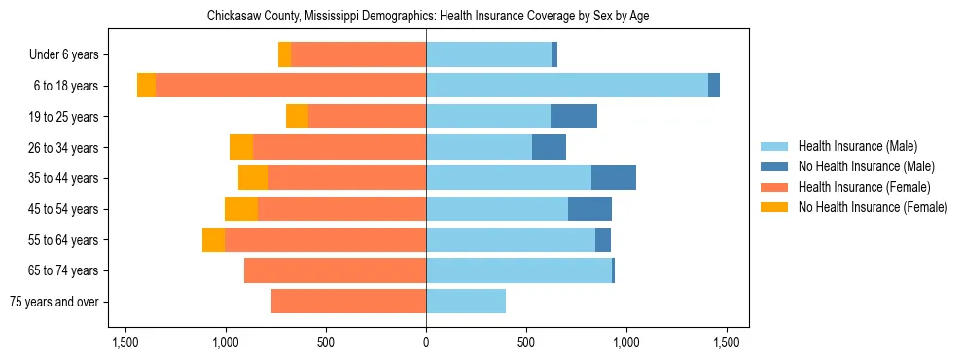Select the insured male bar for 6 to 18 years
[x=566, y=86]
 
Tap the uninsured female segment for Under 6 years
[x=284, y=54]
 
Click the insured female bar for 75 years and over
[x=348, y=302]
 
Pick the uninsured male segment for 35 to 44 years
[x=613, y=178]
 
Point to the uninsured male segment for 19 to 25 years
[x=573, y=117]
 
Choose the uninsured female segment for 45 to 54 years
[x=241, y=209]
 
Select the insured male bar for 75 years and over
[x=465, y=302]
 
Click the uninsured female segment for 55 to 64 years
[x=213, y=240]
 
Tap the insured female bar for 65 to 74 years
[x=335, y=270]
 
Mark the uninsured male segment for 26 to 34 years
[x=549, y=147]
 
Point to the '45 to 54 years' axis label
[x=63, y=209]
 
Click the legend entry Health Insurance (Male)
[x=857, y=146]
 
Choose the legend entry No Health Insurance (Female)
[x=872, y=207]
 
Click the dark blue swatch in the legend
[x=774, y=166]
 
